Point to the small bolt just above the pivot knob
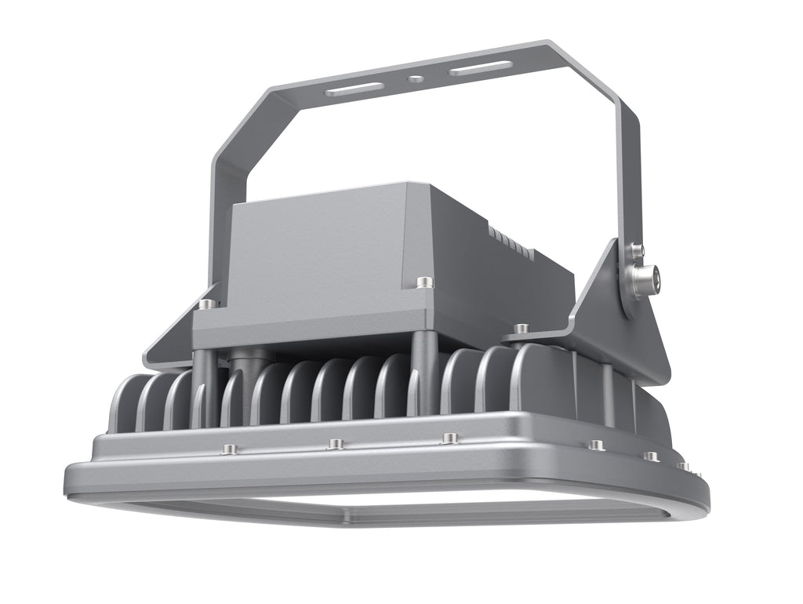coord(634,250)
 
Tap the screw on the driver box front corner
coord(424,281)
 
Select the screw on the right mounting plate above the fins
coord(521,327)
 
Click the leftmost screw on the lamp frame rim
coord(229,449)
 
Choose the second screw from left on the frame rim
coord(336,444)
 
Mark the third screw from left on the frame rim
coord(449,438)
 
